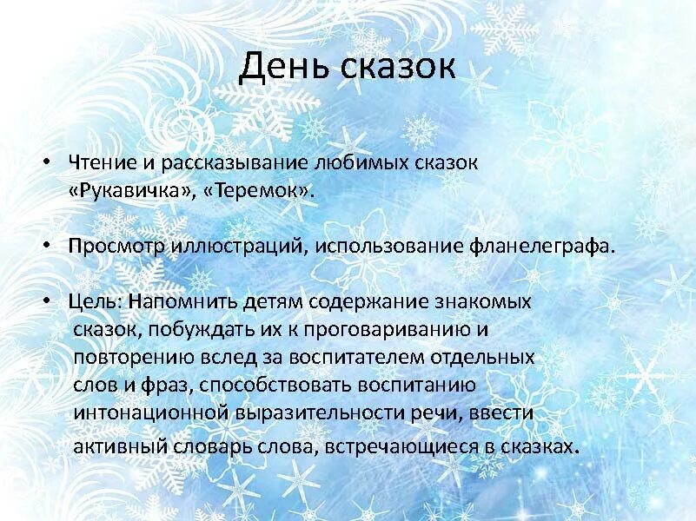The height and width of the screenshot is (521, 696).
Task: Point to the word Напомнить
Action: click(x=180, y=302)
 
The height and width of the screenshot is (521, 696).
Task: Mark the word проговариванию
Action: click(x=394, y=330)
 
